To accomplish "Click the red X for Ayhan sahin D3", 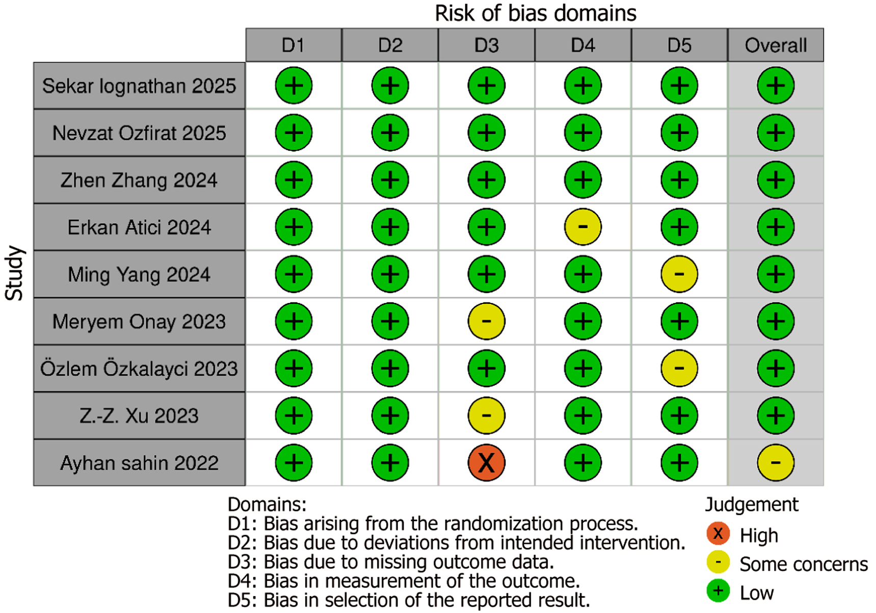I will coord(486,463).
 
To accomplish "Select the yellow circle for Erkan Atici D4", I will coord(582,227).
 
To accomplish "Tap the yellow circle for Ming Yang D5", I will coord(679,274).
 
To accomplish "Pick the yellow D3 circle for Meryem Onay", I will coord(486,321).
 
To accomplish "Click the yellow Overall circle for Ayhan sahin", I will coord(775,463).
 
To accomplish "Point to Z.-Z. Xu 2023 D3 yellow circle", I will coord(486,416).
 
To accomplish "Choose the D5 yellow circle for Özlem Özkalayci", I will coord(679,368).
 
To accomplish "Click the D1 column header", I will coord(294,45).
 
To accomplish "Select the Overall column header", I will coord(775,45).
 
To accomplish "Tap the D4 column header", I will coord(582,45).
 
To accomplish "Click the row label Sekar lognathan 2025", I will coord(139,86).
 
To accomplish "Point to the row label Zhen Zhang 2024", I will coord(139,180).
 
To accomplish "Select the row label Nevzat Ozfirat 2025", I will coord(139,133).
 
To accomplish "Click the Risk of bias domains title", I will coord(535,13).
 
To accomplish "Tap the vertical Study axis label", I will coord(14,273).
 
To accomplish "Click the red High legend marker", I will coord(718,533).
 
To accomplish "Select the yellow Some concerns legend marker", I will coord(718,563).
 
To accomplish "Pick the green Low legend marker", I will coord(718,592).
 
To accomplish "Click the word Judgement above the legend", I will coord(751,504).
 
